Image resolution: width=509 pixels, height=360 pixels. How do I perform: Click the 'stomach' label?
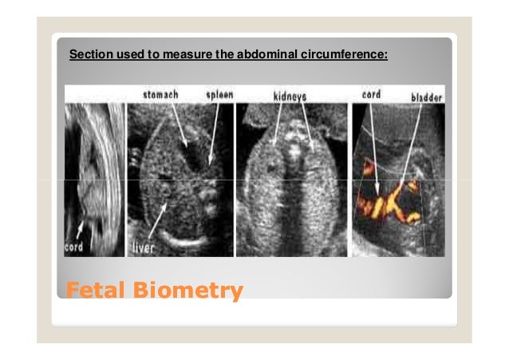click(x=160, y=95)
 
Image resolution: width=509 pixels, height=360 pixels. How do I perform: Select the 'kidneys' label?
click(x=293, y=96)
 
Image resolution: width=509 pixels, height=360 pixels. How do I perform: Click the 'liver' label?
click(x=144, y=248)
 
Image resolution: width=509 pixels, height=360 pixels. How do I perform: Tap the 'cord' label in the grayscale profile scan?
click(x=73, y=247)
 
